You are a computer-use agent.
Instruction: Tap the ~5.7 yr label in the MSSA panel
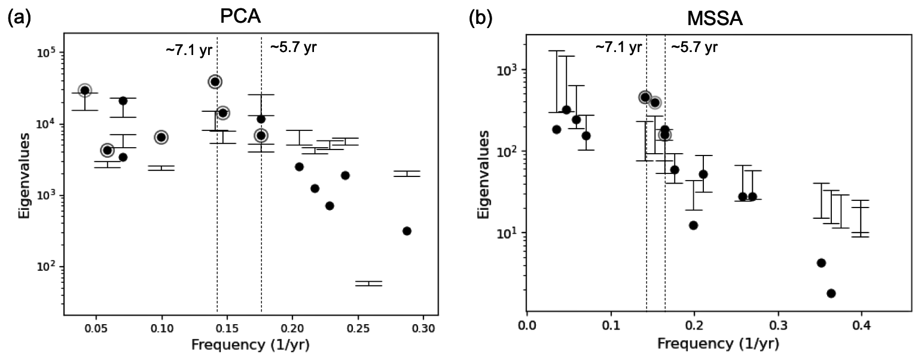(694, 48)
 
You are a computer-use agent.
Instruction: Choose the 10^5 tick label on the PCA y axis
(46, 53)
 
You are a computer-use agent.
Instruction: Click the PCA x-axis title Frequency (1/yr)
(251, 345)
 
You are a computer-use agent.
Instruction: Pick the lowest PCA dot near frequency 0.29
(407, 231)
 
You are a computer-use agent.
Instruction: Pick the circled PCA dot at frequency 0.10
(161, 137)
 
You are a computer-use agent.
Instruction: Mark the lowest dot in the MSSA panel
(831, 293)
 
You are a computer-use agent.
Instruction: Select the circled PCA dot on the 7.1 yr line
(215, 81)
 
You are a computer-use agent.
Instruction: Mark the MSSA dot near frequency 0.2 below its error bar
(693, 225)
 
